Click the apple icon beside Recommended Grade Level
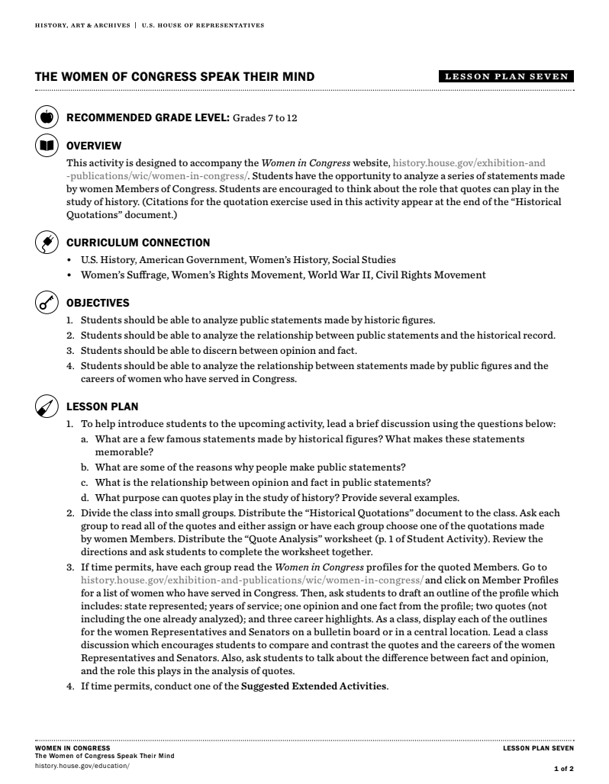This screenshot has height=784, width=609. click(47, 117)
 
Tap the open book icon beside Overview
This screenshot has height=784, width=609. click(47, 145)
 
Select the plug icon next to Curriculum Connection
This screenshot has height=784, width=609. click(47, 243)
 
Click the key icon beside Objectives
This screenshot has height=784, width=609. click(47, 303)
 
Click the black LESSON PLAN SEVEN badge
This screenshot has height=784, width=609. click(506, 76)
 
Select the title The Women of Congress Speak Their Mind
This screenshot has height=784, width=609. click(175, 77)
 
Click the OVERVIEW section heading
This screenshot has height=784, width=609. click(94, 146)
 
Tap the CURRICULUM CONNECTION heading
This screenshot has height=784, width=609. click(138, 243)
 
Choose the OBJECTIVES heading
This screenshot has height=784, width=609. click(98, 303)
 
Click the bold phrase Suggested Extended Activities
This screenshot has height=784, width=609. click(314, 686)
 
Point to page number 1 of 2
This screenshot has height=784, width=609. click(563, 769)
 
